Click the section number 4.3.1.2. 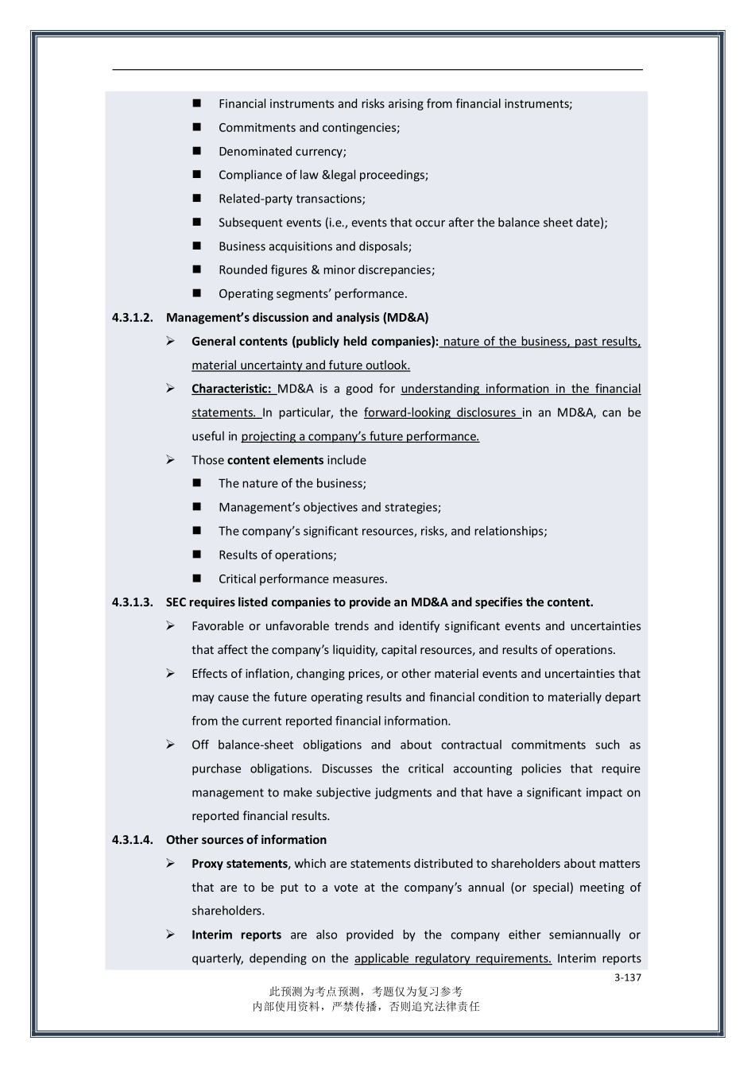tap(132, 318)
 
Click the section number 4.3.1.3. tap(132, 602)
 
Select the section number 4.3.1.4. tap(132, 840)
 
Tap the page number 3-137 tap(627, 977)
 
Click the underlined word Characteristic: tap(232, 389)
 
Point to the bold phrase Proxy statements tap(239, 864)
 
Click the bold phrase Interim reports tap(236, 935)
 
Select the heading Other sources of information tap(246, 840)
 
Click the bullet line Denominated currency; tap(282, 152)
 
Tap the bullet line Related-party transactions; tap(292, 199)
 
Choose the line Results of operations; tap(277, 555)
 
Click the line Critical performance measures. tap(303, 578)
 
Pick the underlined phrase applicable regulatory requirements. tap(452, 958)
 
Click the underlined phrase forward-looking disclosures tap(440, 412)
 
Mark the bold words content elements tap(275, 460)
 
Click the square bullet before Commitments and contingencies tap(197, 128)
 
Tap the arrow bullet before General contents tap(171, 341)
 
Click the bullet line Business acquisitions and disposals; tap(315, 246)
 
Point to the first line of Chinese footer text tap(366, 992)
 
